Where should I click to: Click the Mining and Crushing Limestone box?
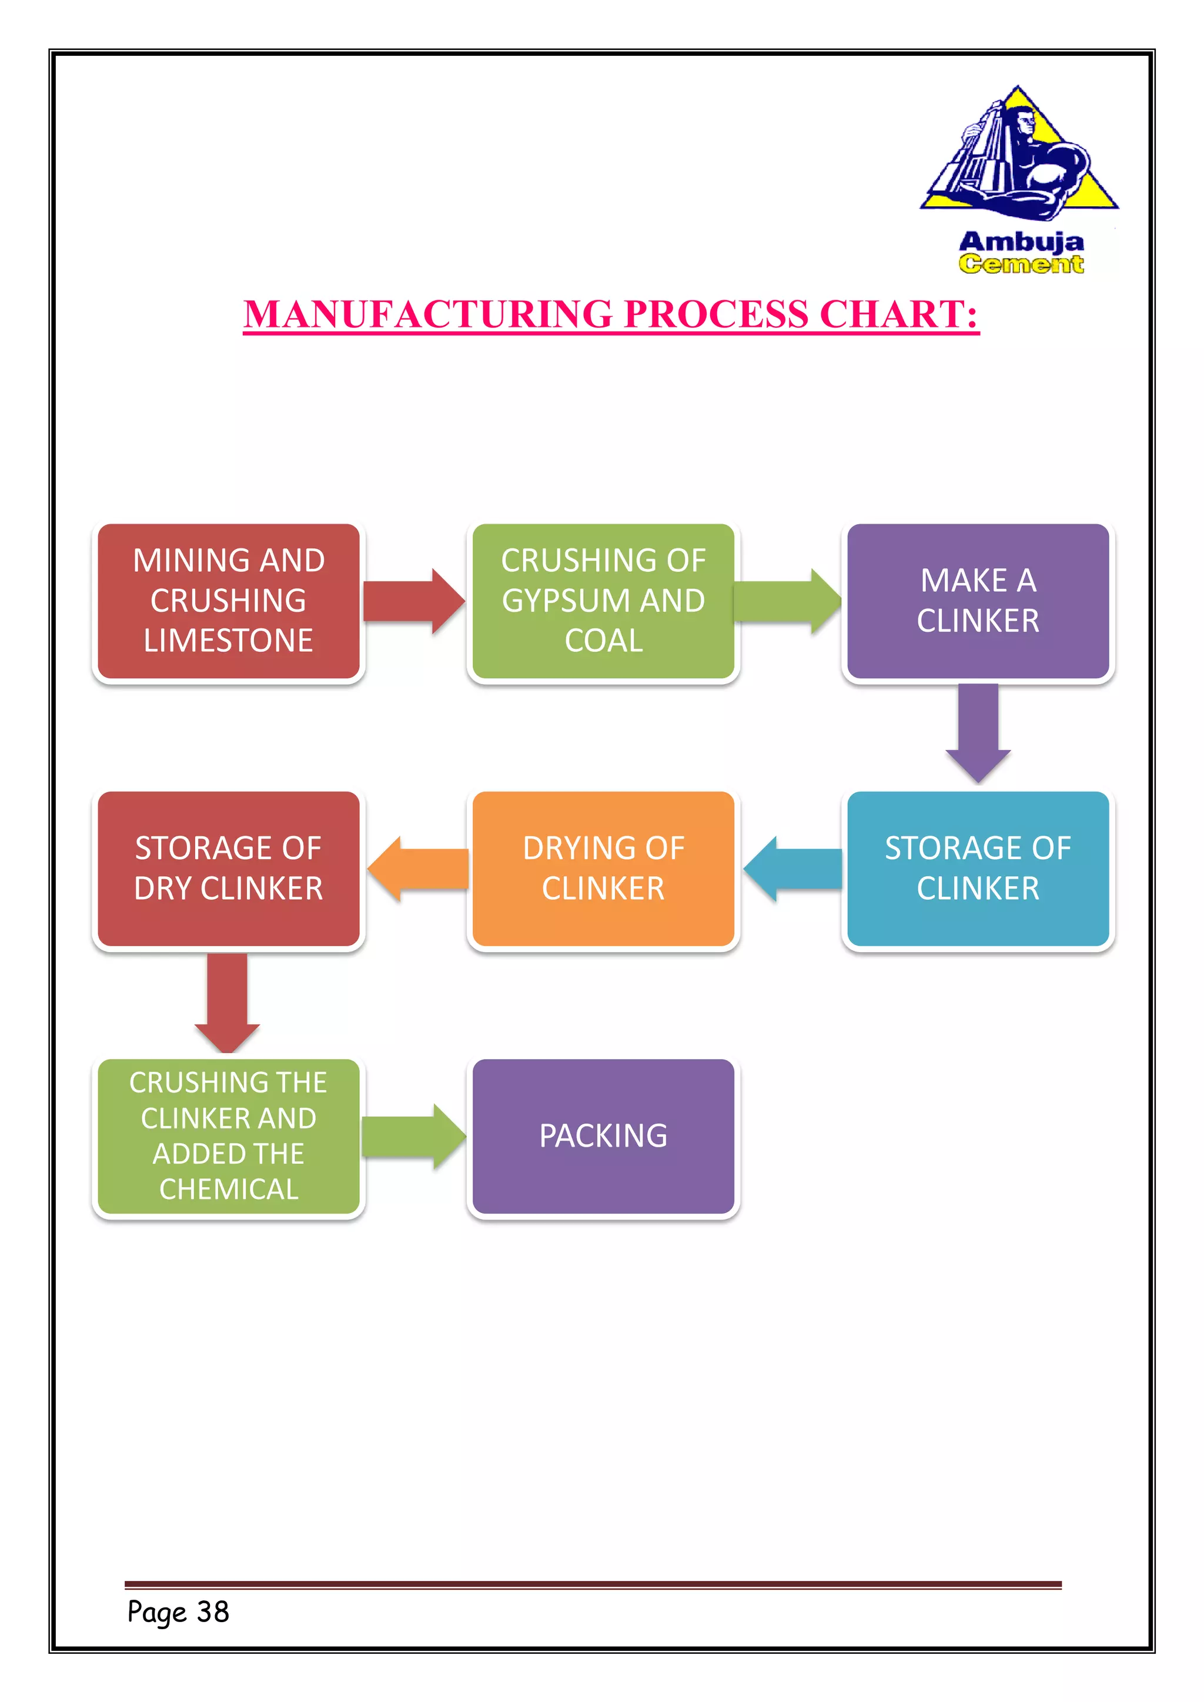click(228, 601)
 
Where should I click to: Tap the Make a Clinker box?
click(977, 601)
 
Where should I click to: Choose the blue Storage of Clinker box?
click(977, 868)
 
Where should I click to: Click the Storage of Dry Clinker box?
click(228, 868)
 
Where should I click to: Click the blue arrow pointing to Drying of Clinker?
click(792, 869)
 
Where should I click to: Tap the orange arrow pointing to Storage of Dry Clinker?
click(418, 869)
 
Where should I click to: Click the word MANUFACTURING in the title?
click(428, 314)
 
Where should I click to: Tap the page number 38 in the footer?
click(213, 1611)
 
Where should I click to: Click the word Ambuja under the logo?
click(1021, 242)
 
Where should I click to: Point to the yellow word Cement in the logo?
click(1021, 264)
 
